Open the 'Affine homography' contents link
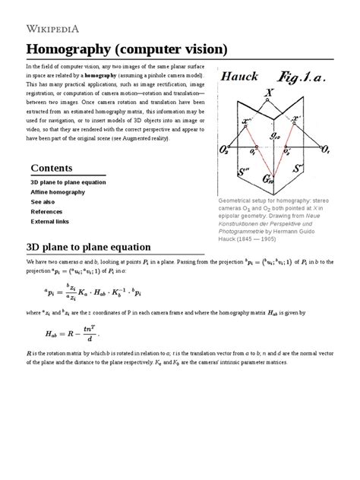[x=62, y=193]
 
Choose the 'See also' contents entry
[x=43, y=203]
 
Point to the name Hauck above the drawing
[x=241, y=77]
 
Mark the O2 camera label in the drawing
[x=226, y=152]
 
